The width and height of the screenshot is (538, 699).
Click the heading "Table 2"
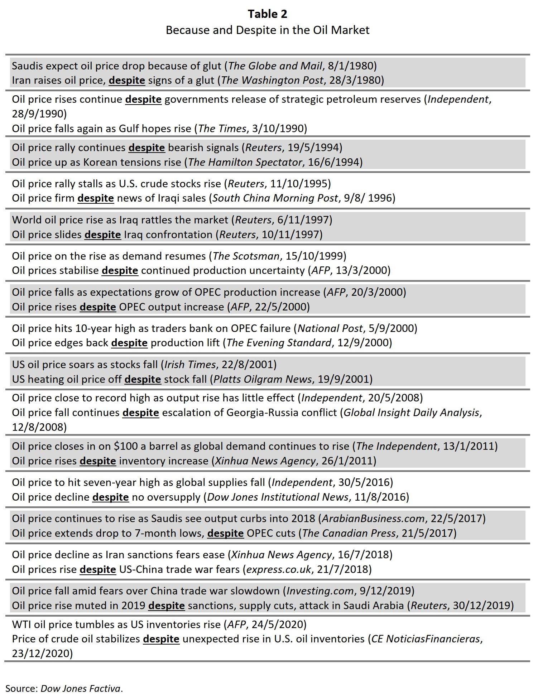267,14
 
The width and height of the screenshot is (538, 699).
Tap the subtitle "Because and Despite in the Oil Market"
267,30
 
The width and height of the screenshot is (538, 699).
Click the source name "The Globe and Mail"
275,66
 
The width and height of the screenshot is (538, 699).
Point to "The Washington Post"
272,80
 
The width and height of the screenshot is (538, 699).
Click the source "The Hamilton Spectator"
245,162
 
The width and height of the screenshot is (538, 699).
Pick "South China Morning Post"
275,198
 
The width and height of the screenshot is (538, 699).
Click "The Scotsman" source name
246,256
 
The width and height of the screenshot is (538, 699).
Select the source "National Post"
330,328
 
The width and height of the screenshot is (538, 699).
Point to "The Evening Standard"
279,343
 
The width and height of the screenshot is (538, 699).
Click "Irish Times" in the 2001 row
190,365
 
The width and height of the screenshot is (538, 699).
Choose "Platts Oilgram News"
263,379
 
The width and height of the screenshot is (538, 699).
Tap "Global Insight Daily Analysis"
411,413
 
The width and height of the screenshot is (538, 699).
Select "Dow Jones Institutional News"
278,497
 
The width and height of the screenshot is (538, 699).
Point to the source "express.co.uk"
277,569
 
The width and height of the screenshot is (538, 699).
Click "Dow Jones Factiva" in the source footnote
80,688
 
